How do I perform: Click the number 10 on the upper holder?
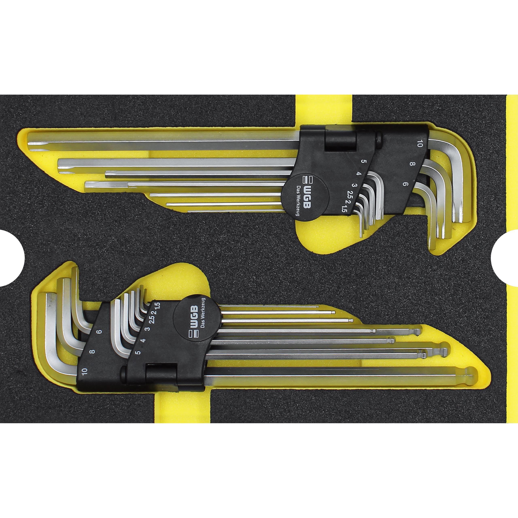(x=420, y=144)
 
